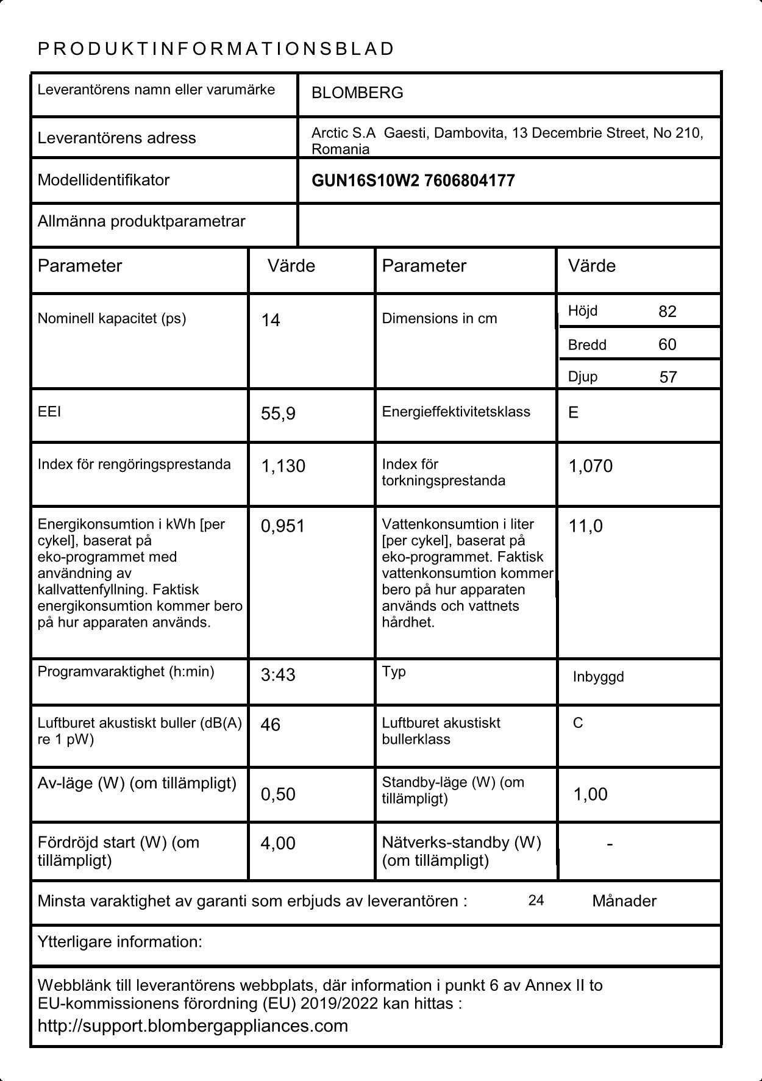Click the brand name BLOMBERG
[x=357, y=93]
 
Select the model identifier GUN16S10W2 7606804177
[x=413, y=180]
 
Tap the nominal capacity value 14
[x=271, y=321]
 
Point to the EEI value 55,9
[x=278, y=414]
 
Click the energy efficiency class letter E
[x=573, y=413]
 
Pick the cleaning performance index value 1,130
[x=283, y=466]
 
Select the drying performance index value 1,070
[x=590, y=466]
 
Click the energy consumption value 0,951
[x=282, y=526]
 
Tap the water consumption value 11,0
[x=585, y=526]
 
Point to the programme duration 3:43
[x=277, y=675]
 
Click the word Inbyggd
[x=598, y=677]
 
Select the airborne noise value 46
[x=270, y=725]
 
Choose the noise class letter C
[x=578, y=723]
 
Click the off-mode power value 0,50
[x=277, y=794]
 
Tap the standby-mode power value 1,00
[x=590, y=794]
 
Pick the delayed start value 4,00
[x=277, y=844]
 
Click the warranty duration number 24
[x=536, y=901]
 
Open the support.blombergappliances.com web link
[x=193, y=1026]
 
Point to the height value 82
[x=667, y=312]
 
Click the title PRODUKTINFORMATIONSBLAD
[x=216, y=49]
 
